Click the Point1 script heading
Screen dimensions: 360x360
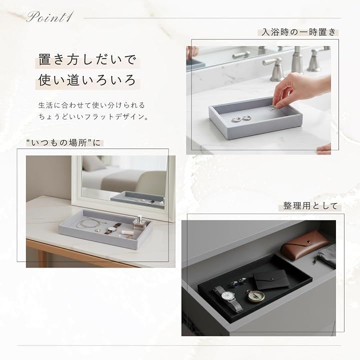50,17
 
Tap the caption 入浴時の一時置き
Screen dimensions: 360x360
298,32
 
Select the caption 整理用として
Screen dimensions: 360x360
310,206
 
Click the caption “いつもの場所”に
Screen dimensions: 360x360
63,143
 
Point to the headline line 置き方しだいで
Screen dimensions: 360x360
87,59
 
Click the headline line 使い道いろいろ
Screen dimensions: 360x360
87,80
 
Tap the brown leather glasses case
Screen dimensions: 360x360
304,244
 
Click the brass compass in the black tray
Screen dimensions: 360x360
255,296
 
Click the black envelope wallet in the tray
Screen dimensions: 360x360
271,279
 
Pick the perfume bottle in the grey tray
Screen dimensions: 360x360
139,222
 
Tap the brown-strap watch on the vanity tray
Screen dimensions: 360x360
112,228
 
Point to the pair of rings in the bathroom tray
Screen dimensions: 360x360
241,118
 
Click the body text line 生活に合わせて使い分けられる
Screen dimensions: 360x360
91,105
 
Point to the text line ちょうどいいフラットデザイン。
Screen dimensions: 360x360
93,117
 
